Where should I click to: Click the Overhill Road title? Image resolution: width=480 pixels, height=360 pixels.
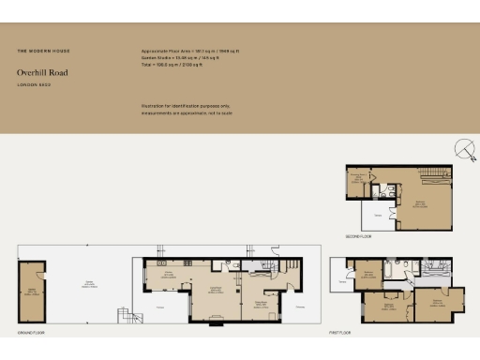42,72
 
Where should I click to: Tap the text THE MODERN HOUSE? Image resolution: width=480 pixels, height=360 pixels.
43,50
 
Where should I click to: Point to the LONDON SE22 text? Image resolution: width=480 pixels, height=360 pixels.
34,85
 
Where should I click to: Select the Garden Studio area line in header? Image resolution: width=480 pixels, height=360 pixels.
184,56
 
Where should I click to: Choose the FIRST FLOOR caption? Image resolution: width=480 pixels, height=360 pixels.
340,333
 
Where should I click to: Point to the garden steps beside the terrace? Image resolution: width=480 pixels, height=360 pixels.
121,316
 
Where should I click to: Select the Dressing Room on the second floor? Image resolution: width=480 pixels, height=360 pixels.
357,182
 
